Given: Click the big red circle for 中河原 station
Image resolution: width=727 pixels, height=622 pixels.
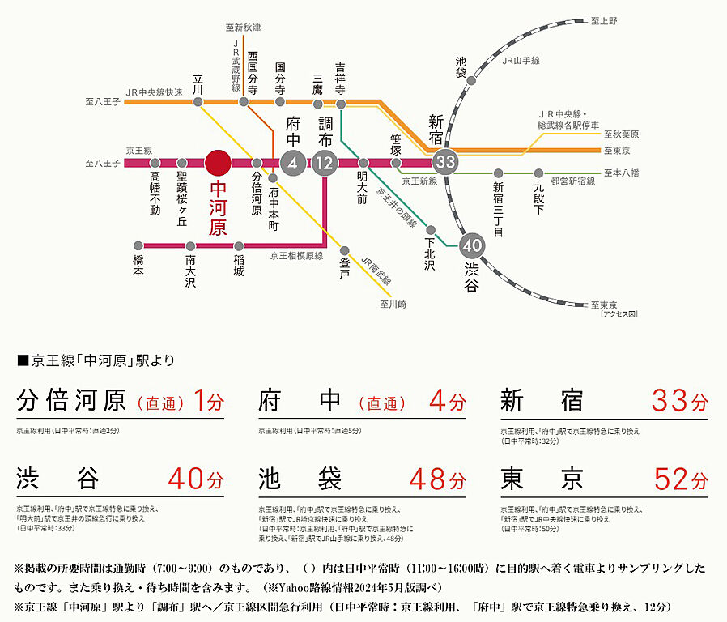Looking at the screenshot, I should coord(218,163).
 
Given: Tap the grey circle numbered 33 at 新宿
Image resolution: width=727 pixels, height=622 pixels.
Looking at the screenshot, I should coord(445,161).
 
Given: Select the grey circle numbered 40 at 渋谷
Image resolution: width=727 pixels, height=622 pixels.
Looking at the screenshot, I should coord(472,244).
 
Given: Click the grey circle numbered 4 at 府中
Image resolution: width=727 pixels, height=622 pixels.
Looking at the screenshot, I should coord(292,163).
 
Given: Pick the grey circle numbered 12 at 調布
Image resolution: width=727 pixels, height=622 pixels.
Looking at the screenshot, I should coord(325,163).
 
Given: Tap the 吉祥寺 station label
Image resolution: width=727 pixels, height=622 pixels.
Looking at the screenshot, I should coord(340,79).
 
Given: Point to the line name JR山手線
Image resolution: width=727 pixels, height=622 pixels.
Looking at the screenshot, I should coord(521,61).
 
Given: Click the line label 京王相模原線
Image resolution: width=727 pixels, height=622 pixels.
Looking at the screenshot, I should coord(296,255).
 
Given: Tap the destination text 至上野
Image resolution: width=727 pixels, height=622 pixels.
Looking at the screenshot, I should coord(604,20).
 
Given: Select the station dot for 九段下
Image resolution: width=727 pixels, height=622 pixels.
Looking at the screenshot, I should coord(538,173).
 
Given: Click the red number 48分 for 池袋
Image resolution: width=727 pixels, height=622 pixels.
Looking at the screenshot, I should coord(437,479).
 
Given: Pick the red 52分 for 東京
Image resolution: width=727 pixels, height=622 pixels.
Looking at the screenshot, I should coord(680,479).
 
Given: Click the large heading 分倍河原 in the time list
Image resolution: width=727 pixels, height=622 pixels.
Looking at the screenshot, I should coord(71,401).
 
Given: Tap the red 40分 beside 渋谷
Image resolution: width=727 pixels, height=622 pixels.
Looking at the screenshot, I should coord(196,479).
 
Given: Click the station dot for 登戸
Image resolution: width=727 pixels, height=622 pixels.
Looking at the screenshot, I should coord(344,250).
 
